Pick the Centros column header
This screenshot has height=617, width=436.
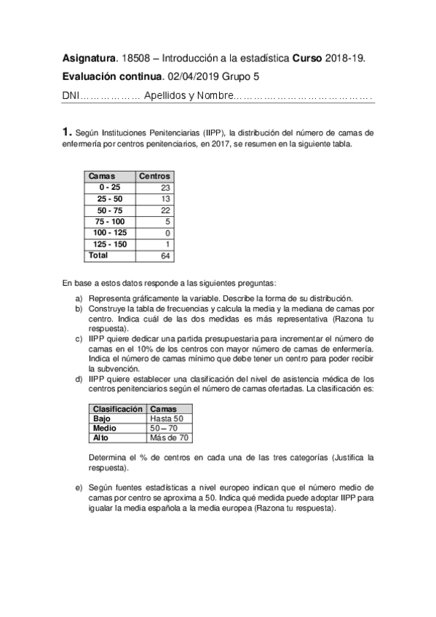coord(154,176)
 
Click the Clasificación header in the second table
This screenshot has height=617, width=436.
coord(117,410)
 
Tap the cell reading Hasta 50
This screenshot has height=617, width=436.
coord(166,419)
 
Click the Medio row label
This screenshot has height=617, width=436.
coord(105,429)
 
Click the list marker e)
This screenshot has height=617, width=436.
coord(79,487)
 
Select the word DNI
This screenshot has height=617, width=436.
coord(70,95)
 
